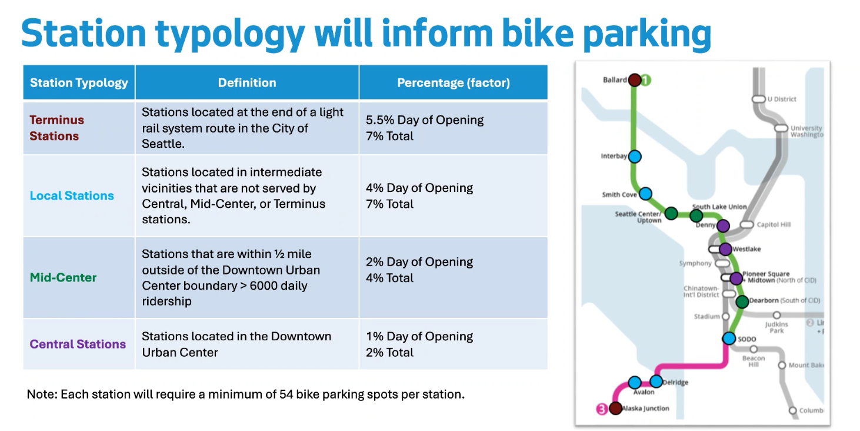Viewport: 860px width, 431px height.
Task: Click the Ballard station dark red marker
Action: coord(635,80)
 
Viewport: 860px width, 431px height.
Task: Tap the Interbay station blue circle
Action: coord(635,157)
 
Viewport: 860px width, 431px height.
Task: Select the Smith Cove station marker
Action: coord(645,194)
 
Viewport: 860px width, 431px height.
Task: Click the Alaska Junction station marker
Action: coord(615,408)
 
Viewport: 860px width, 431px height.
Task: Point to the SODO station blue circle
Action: coord(729,339)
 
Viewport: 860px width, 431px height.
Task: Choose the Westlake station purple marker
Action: coord(725,249)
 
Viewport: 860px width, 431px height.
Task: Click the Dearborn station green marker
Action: coord(742,301)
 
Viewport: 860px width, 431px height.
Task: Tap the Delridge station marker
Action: coord(656,382)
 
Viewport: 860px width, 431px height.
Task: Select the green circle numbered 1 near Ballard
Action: coord(646,80)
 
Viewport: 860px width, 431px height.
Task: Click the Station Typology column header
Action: coord(79,83)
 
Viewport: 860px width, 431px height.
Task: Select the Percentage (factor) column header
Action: coord(453,83)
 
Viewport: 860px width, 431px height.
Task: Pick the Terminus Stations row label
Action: coord(56,128)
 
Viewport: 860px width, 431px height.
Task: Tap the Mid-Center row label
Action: coord(63,277)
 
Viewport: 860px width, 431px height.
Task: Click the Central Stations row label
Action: coord(78,344)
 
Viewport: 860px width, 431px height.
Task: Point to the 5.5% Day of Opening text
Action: coord(424,120)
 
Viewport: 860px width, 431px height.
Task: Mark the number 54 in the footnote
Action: coord(288,394)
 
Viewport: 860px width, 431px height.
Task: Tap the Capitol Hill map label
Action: coord(774,224)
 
